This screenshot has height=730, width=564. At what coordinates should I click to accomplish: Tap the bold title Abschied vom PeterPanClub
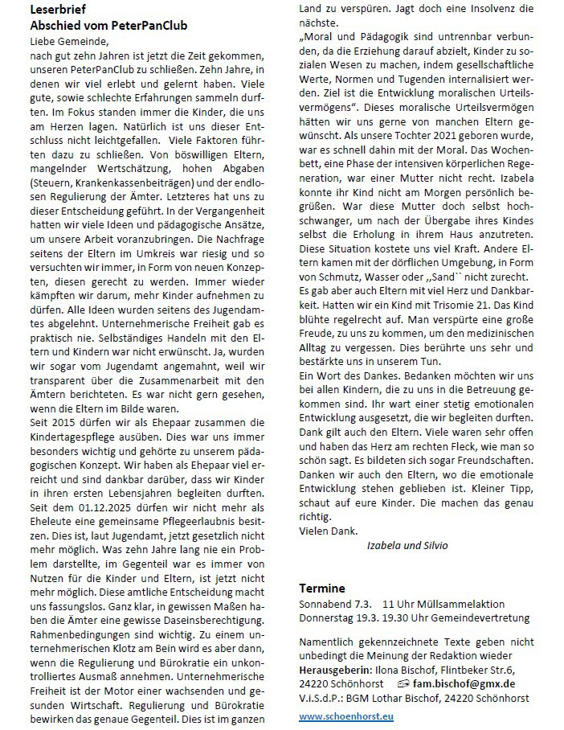tap(108, 25)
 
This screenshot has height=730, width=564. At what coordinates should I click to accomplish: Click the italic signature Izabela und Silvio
tap(407, 546)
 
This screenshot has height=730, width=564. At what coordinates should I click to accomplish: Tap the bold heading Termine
tap(321, 589)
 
